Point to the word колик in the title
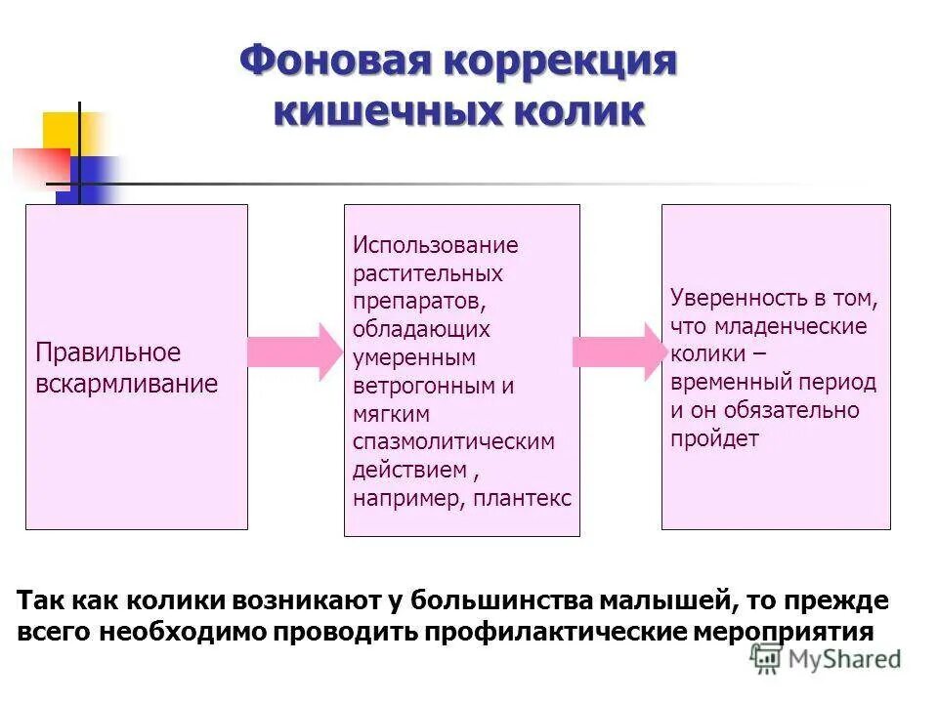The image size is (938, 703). click(577, 109)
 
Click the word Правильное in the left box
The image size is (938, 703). click(108, 352)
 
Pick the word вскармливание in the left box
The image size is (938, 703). click(126, 383)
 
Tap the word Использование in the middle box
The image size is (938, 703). click(436, 245)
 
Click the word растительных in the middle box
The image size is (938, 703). click(428, 273)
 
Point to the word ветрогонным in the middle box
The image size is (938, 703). click(425, 386)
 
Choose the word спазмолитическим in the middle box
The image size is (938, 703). click(453, 441)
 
